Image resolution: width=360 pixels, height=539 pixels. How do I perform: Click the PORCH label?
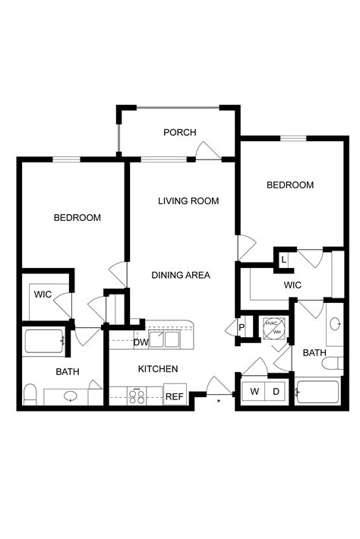point(179,132)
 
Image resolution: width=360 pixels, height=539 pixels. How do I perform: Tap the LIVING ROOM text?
point(188,201)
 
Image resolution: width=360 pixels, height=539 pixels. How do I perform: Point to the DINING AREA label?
point(181,275)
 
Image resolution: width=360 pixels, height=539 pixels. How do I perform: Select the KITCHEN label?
point(157,369)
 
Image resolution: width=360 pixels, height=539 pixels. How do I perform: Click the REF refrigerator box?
point(175,396)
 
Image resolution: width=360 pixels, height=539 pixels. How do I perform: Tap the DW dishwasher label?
point(141,342)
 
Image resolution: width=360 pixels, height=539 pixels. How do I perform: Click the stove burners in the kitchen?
point(137,395)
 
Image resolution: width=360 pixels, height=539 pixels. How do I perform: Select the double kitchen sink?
point(164,338)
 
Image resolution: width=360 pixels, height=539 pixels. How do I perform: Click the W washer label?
point(254,392)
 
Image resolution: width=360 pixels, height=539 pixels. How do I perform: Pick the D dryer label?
point(277,392)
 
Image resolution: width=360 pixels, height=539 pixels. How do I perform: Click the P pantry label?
point(242,328)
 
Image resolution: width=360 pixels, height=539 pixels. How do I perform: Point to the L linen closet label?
point(283,260)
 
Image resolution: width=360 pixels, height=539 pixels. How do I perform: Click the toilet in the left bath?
point(31,393)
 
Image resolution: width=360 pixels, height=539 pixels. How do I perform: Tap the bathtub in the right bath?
point(317,392)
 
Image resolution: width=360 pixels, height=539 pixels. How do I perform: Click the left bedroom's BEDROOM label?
point(77,218)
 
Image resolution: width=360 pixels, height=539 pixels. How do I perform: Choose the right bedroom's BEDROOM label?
point(289,185)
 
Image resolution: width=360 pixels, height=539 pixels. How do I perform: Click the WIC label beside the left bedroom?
point(43,294)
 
